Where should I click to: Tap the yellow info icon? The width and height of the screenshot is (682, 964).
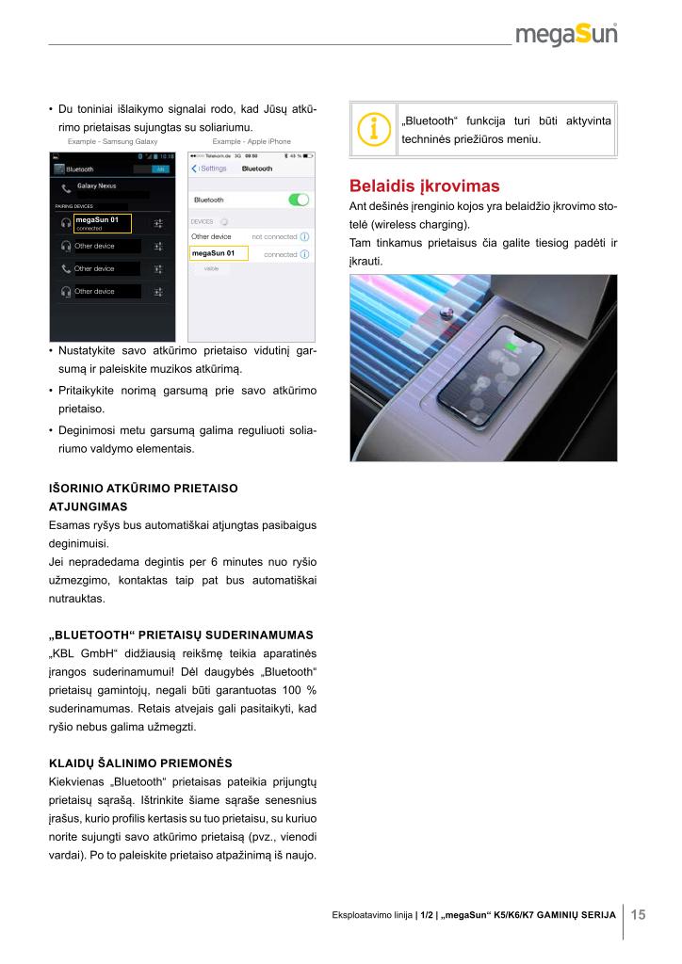pyautogui.click(x=374, y=131)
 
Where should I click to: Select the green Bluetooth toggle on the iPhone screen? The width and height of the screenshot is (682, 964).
pyautogui.click(x=299, y=200)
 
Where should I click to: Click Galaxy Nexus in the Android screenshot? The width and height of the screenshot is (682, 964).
pyautogui.click(x=96, y=186)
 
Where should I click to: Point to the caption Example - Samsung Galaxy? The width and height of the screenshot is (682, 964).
pyautogui.click(x=112, y=141)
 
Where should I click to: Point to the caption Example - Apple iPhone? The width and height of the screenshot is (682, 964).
pyautogui.click(x=252, y=141)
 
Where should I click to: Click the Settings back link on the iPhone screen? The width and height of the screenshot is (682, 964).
pyautogui.click(x=210, y=169)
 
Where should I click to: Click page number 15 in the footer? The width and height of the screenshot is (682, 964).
pyautogui.click(x=638, y=915)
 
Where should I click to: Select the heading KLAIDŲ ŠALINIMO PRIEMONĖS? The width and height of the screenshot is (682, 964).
pyautogui.click(x=140, y=762)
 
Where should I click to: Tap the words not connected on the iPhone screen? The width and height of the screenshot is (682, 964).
pyautogui.click(x=273, y=236)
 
